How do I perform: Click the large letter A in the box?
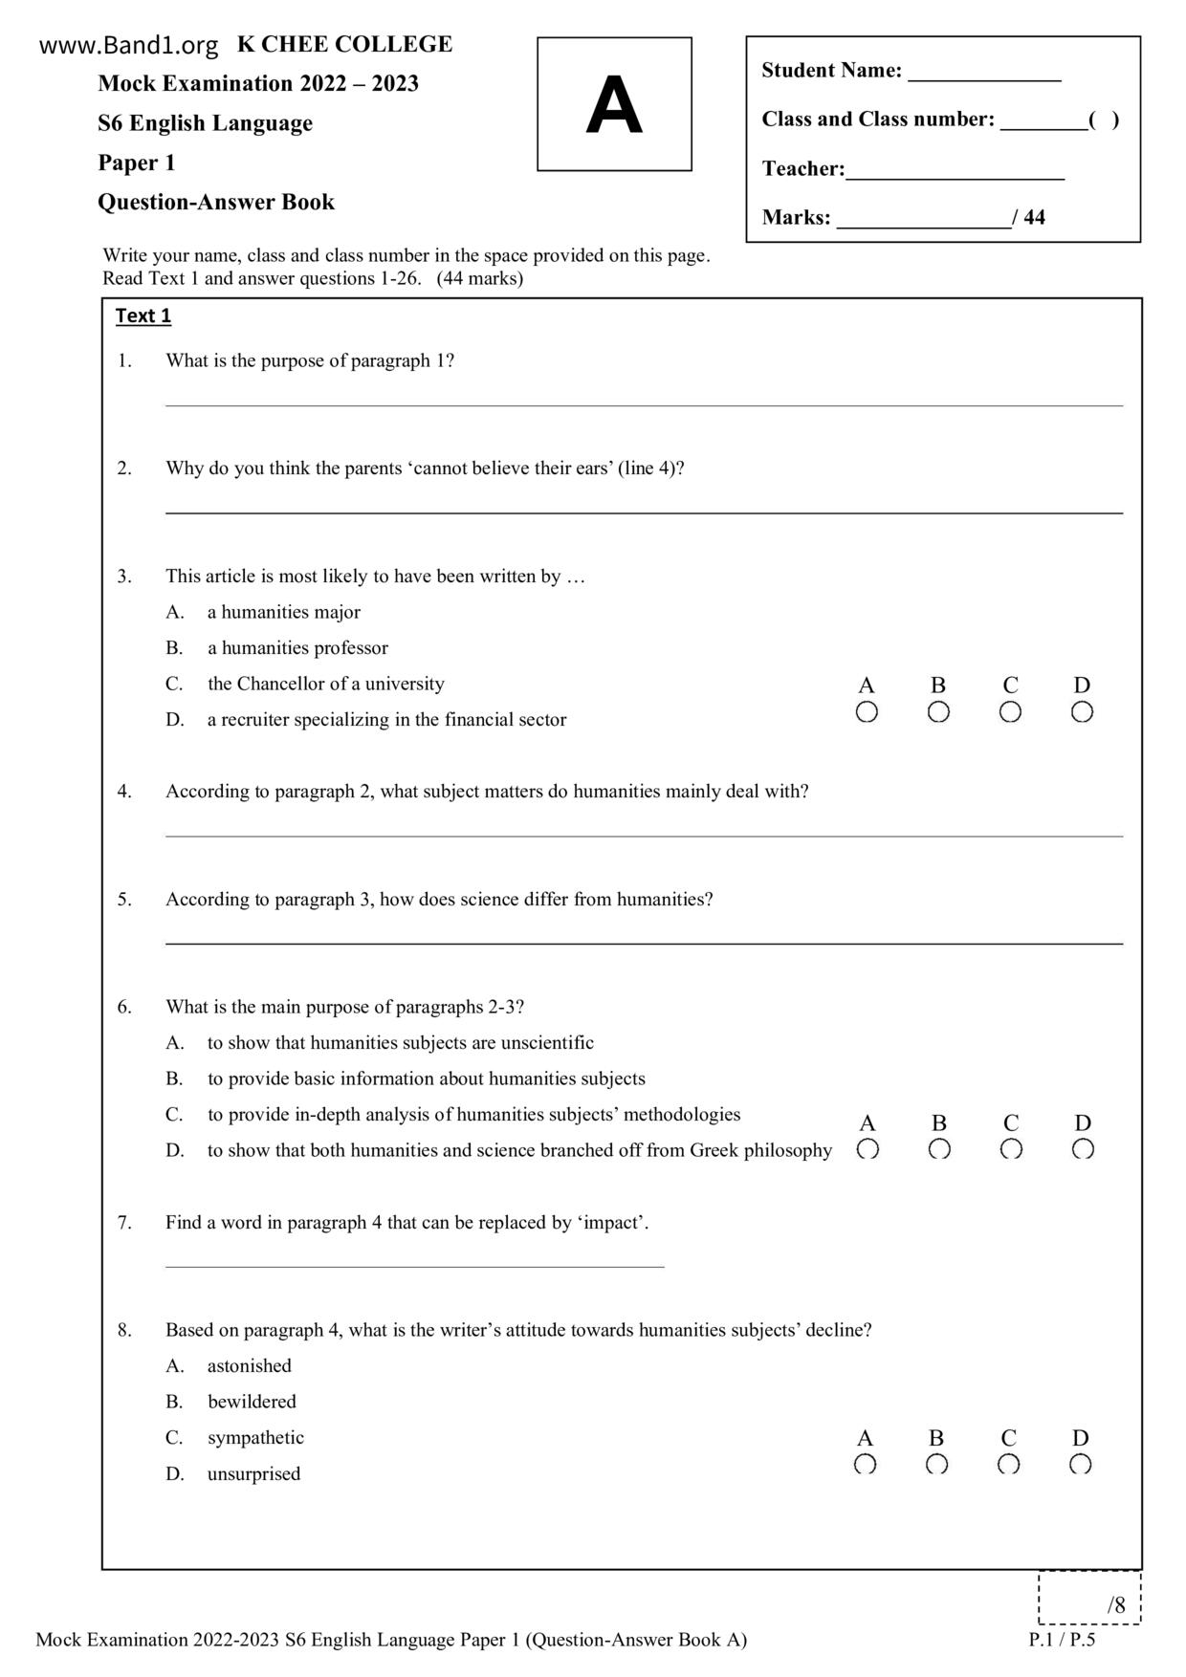point(613,105)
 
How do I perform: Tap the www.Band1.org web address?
point(129,45)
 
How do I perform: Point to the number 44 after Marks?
point(1034,217)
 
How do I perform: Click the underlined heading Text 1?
point(143,316)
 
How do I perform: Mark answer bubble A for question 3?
point(867,712)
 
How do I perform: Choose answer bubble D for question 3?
point(1082,712)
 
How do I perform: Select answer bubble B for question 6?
point(939,1149)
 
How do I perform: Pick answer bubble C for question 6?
point(1011,1149)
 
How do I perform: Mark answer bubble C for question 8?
point(1008,1464)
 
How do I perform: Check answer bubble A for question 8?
point(865,1464)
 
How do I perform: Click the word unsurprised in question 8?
point(253,1473)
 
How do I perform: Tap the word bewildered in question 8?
point(252,1402)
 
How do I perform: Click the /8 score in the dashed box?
point(1115,1605)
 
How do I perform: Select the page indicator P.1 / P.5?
point(1062,1640)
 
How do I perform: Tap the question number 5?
point(124,899)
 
